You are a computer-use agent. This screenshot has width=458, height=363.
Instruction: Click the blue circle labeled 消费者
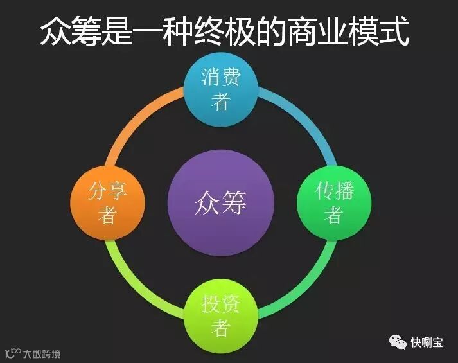[221, 89]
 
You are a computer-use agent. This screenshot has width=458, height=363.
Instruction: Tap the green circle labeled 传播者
[334, 202]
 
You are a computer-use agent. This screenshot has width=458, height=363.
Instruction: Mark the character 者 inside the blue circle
[221, 102]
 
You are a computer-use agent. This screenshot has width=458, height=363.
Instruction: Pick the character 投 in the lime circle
[211, 305]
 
